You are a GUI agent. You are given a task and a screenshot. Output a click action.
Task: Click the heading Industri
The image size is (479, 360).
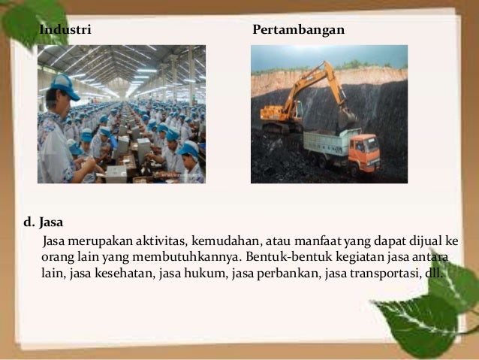[x=65, y=31]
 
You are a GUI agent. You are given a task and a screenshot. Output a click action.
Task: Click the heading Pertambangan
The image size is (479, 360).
[x=299, y=31]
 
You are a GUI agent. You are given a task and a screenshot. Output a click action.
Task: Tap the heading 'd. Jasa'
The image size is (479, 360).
[x=44, y=222]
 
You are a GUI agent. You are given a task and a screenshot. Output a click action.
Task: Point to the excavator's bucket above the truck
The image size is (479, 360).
[x=346, y=116]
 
